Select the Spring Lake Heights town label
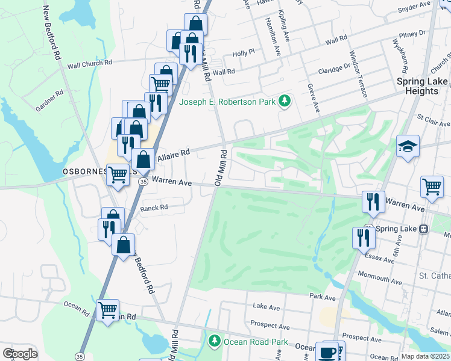[422, 86]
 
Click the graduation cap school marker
[408, 146]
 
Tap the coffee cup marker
[328, 352]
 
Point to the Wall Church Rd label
[90, 63]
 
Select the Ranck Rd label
[153, 208]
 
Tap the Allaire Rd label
[173, 155]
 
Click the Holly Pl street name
[244, 53]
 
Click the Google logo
[20, 353]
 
